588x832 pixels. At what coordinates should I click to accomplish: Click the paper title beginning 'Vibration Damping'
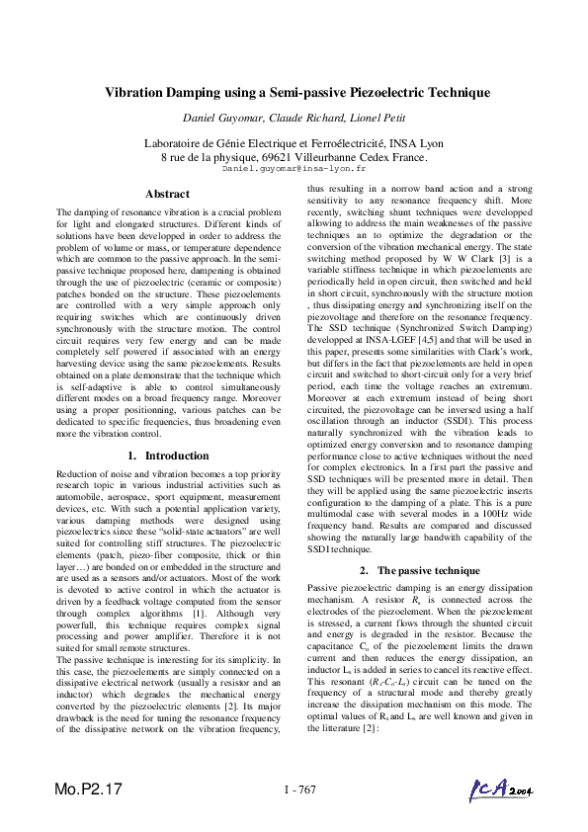click(x=297, y=93)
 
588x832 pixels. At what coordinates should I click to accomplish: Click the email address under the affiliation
click(x=294, y=170)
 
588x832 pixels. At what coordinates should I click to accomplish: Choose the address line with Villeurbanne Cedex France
click(x=294, y=157)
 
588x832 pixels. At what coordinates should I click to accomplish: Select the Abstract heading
click(x=167, y=194)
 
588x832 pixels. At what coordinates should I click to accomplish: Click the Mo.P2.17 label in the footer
click(x=90, y=790)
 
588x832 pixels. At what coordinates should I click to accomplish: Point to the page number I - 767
click(x=298, y=790)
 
